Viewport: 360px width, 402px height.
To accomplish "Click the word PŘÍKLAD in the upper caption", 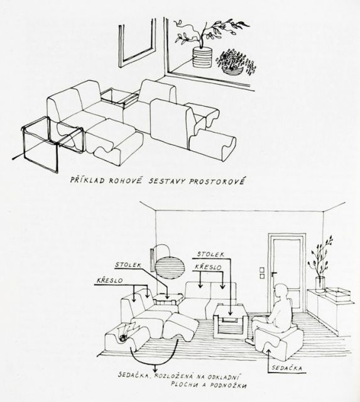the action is (x=88, y=180).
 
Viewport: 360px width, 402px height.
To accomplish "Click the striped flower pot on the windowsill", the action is (x=202, y=57).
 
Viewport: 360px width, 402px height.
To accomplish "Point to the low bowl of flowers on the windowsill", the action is (x=232, y=70).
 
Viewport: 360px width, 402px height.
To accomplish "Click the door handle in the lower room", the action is (x=274, y=274).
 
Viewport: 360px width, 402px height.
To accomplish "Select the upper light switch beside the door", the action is (x=261, y=269).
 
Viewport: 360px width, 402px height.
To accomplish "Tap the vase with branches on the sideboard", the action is (x=320, y=285).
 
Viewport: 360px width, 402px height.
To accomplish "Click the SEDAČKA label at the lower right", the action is (x=286, y=368).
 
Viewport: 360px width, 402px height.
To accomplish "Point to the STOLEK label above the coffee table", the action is (x=210, y=254).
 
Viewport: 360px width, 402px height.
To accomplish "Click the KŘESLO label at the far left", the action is (x=110, y=281).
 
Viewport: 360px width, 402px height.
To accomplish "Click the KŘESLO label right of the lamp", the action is (x=208, y=267).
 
